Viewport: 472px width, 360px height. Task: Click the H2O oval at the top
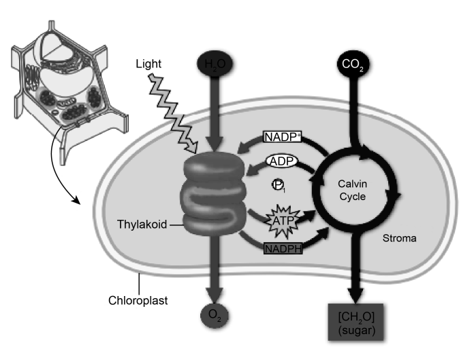point(215,65)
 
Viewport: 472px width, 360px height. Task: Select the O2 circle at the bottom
point(215,316)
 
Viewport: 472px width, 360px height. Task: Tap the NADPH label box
point(281,249)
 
